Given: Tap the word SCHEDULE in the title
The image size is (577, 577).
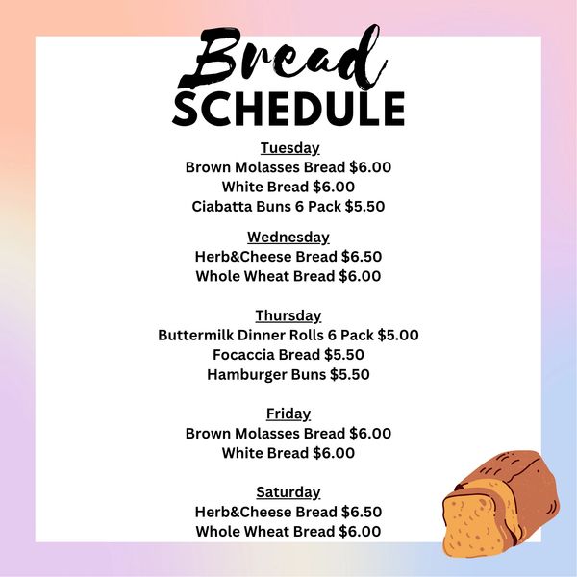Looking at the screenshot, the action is click(x=288, y=109).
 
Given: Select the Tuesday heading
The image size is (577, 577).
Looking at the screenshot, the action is click(x=290, y=148).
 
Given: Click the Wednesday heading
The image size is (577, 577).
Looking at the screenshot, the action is click(x=288, y=238).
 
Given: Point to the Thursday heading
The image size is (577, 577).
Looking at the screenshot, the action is click(x=288, y=315).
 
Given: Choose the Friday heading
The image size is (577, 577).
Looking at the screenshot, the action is click(x=288, y=414).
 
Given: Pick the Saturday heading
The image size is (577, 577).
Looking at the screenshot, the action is click(x=288, y=492).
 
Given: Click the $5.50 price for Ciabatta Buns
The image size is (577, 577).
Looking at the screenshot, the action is click(x=364, y=207).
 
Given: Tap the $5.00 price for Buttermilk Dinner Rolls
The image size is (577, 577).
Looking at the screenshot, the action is click(x=398, y=336).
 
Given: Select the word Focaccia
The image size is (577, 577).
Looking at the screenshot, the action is click(x=243, y=355).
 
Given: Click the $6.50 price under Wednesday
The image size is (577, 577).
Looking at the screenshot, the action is click(x=362, y=257).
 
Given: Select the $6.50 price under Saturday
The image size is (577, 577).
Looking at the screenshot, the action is click(x=362, y=512).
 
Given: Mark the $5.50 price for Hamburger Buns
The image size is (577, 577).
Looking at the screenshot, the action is click(x=350, y=375).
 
